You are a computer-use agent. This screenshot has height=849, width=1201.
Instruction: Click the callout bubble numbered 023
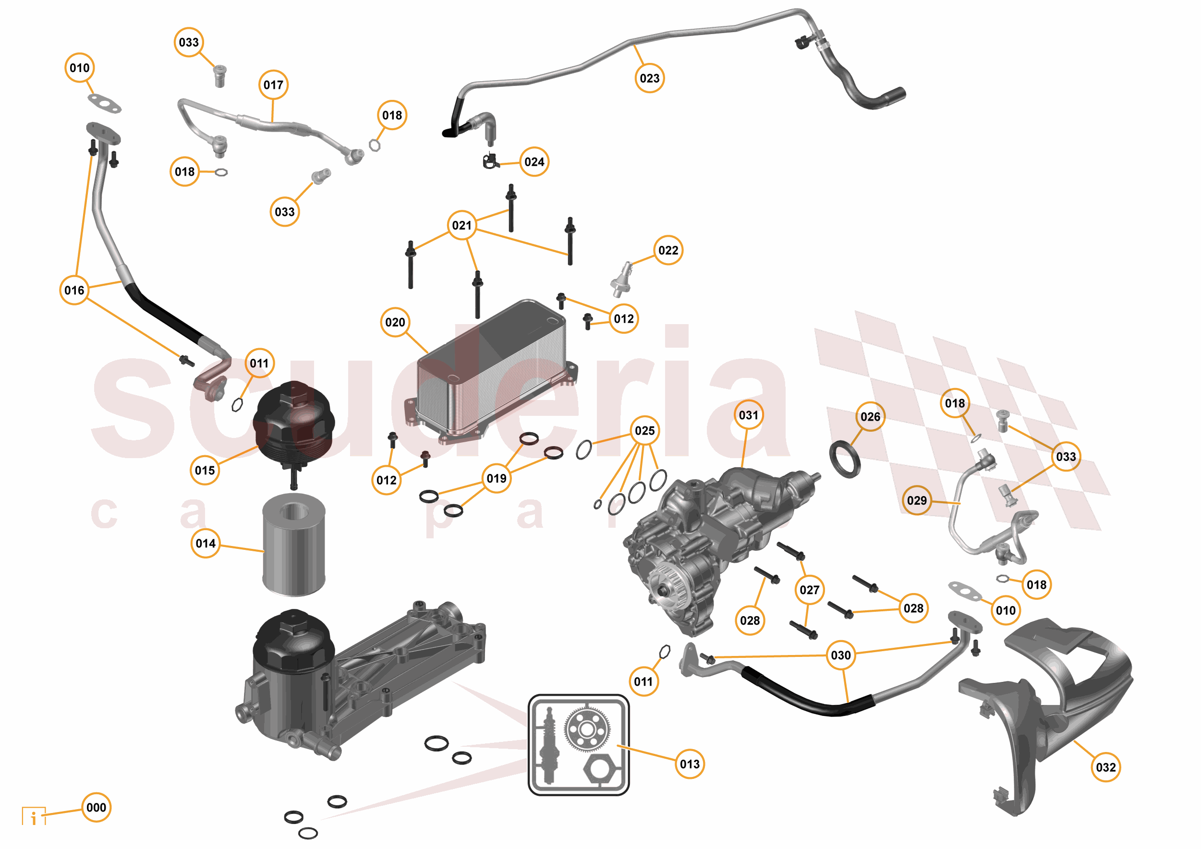[650, 78]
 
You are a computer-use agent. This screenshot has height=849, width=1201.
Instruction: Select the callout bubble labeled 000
[96, 807]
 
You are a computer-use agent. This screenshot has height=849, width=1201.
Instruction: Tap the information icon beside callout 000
[34, 816]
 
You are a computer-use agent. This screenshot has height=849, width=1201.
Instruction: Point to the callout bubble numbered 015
[205, 470]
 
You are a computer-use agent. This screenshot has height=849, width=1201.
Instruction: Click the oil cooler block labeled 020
[492, 371]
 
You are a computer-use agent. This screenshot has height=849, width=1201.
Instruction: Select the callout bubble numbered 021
[462, 226]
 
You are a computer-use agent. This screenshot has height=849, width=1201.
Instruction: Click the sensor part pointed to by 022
[621, 280]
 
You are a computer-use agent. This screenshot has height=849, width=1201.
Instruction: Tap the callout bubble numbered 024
[534, 162]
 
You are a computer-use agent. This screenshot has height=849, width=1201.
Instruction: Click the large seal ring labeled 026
[845, 459]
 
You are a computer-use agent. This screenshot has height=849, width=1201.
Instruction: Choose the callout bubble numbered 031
[749, 415]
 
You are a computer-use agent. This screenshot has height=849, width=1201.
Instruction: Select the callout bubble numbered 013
[690, 764]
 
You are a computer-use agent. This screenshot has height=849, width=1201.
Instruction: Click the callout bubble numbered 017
[273, 85]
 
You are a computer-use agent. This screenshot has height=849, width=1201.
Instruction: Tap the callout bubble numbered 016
[74, 291]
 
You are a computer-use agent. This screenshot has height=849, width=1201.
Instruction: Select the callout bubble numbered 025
[644, 431]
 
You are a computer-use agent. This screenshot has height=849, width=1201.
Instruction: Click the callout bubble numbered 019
[497, 478]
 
